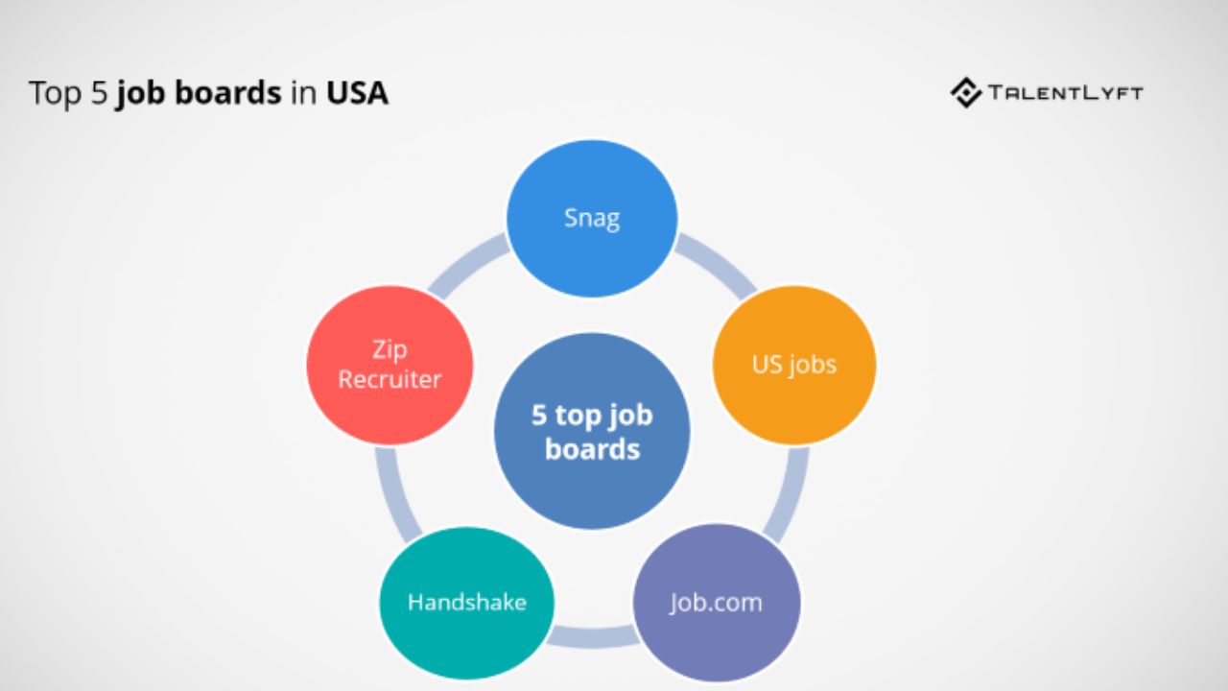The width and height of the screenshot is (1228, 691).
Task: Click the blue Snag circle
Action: pyautogui.click(x=592, y=218)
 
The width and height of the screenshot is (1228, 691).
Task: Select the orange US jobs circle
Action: pyautogui.click(x=793, y=365)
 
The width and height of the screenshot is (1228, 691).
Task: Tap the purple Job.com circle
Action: pyautogui.click(x=717, y=603)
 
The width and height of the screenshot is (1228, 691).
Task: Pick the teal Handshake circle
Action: pyautogui.click(x=466, y=603)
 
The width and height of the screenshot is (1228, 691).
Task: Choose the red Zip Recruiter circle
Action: pyautogui.click(x=390, y=365)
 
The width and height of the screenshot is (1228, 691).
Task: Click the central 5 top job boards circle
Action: pyautogui.click(x=592, y=431)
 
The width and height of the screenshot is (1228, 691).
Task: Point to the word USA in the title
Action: pyautogui.click(x=357, y=93)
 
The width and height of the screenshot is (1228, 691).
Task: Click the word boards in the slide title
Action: pyautogui.click(x=228, y=92)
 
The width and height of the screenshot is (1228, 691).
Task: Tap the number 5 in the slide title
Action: pyautogui.click(x=99, y=93)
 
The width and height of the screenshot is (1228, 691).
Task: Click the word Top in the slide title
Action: pyautogui.click(x=55, y=94)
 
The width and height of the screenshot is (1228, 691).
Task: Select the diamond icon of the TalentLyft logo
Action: pyautogui.click(x=966, y=93)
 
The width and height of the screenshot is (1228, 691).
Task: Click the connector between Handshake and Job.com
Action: pyautogui.click(x=593, y=637)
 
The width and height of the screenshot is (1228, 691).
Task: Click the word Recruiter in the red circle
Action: pyautogui.click(x=390, y=379)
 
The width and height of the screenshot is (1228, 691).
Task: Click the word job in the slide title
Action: pyautogui.click(x=141, y=94)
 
